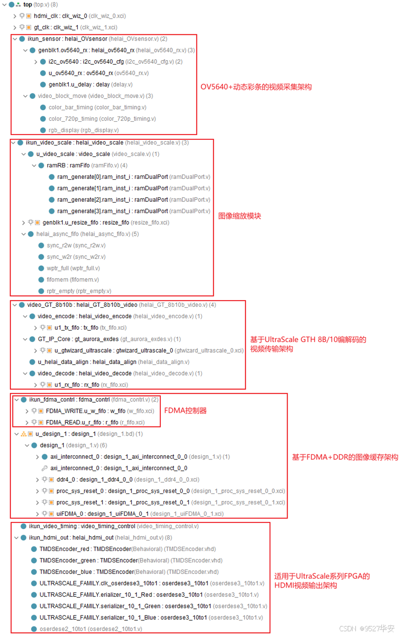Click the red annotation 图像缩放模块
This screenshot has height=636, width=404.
[239, 216]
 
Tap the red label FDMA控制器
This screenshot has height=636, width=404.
[186, 410]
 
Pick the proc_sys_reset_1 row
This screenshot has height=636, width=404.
[123, 502]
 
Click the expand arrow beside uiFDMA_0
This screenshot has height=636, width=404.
[38, 514]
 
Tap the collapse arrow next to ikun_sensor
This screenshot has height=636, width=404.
[15, 39]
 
